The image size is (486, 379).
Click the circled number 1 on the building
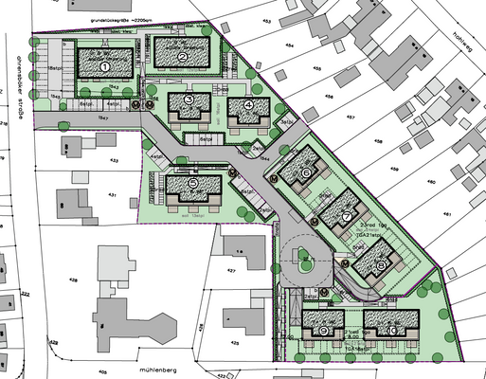pyautogui.click(x=105, y=67)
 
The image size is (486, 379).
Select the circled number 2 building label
pyautogui.click(x=181, y=58)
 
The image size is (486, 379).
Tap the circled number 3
pyautogui.click(x=189, y=99)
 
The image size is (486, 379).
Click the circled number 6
pyautogui.click(x=307, y=172)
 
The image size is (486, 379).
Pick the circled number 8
pyautogui.click(x=380, y=266)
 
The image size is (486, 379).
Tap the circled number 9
pyautogui.click(x=324, y=332)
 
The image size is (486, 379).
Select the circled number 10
pyautogui.click(x=391, y=331)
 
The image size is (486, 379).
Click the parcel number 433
pyautogui.click(x=115, y=162)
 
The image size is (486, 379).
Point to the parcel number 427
pyautogui.click(x=229, y=269)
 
